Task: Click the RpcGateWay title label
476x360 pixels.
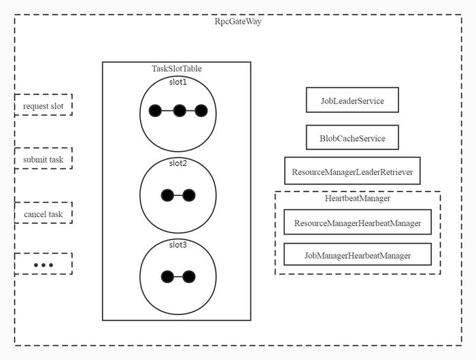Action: click(238, 22)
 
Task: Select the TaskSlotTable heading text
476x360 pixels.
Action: click(177, 69)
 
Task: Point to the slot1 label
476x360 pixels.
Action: click(178, 82)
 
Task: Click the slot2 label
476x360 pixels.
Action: click(178, 163)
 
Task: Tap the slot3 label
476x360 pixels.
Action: click(178, 244)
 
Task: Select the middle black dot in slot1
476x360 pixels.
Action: click(180, 111)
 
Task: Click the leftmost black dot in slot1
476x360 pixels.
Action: click(155, 111)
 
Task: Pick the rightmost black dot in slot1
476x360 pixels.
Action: click(201, 111)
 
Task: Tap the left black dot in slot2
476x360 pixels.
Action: click(167, 195)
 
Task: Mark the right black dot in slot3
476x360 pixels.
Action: click(189, 277)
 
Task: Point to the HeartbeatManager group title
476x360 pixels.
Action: click(358, 199)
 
